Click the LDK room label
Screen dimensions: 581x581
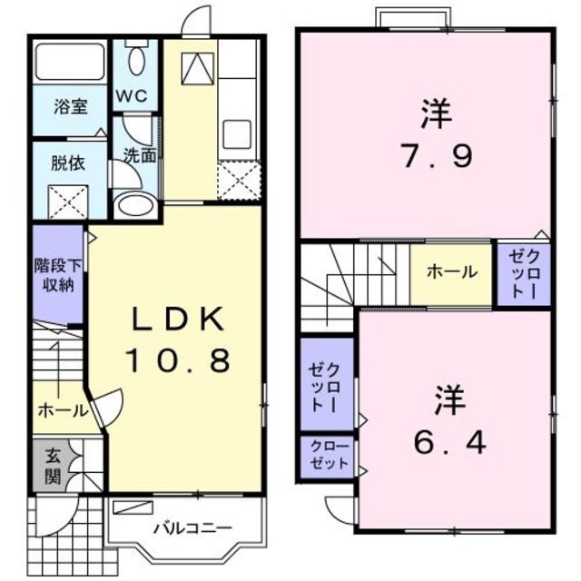[x=179, y=319]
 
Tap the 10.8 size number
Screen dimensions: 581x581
[x=179, y=361]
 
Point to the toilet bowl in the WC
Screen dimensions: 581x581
[x=135, y=61]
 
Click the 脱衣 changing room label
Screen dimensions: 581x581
[x=69, y=164]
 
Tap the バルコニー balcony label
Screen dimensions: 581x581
[x=192, y=527]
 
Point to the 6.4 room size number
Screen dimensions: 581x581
[x=449, y=442]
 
